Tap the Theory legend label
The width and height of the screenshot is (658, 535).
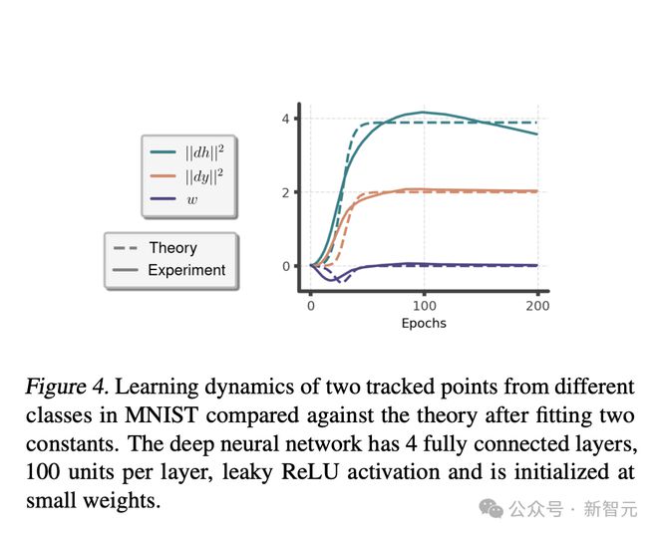172,248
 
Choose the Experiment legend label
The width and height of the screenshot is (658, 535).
186,270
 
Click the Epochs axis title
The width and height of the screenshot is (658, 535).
424,324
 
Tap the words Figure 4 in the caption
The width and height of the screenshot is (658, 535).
59,387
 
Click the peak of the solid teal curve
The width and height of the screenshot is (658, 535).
424,113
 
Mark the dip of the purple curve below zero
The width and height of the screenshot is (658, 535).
333,280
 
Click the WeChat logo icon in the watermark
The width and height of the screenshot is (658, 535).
491,509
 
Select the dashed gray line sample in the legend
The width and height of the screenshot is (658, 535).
126,248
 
